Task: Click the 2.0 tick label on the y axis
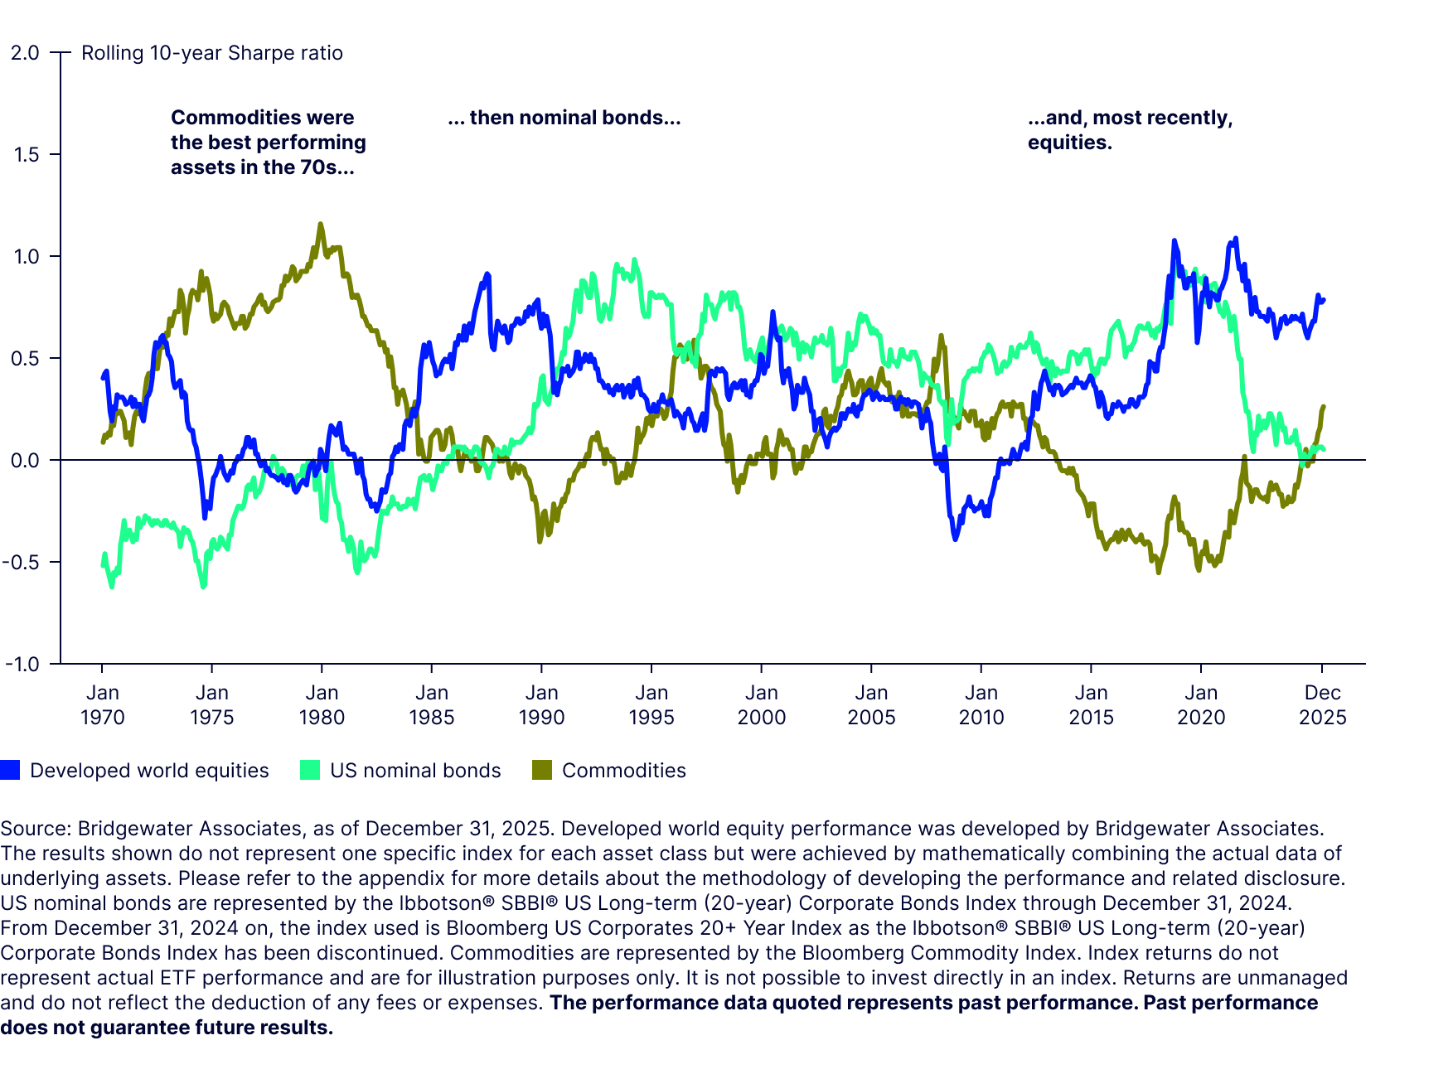click(25, 53)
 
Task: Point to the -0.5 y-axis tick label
click(22, 563)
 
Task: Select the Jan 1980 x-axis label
click(322, 705)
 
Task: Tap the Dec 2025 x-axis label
click(1322, 705)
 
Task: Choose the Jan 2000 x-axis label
click(761, 705)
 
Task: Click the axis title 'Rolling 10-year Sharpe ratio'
click(212, 53)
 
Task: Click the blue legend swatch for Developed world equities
click(10, 770)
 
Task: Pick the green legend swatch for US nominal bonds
click(309, 770)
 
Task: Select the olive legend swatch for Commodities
click(542, 770)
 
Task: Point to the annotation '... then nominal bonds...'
click(564, 118)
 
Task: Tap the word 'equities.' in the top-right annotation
click(1069, 143)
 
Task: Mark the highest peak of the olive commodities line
click(321, 224)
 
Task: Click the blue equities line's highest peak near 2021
click(1236, 239)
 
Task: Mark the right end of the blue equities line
click(1324, 300)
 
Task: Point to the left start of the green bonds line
click(103, 565)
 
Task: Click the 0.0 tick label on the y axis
click(25, 461)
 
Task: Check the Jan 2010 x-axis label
click(981, 705)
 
